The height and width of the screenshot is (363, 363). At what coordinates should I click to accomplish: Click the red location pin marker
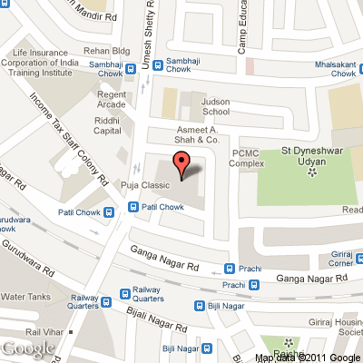point(181,165)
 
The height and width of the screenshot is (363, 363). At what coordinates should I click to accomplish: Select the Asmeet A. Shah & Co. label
point(198,135)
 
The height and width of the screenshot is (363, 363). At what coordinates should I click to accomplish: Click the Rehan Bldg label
point(109,52)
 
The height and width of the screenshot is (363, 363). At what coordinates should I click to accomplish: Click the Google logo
point(27,349)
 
